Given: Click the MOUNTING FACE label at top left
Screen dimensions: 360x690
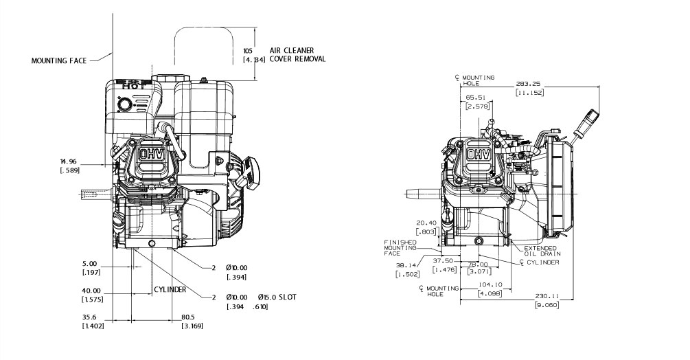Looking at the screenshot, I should [59, 60].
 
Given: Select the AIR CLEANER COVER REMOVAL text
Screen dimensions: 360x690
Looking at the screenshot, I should [297, 55].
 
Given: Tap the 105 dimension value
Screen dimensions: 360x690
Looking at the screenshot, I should [249, 51].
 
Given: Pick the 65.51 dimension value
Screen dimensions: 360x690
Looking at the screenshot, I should [476, 98].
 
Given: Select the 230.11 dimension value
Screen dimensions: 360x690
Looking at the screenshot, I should [547, 296].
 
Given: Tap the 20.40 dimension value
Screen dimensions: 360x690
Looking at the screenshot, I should [426, 223].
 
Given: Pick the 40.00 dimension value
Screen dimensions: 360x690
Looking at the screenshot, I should [91, 291].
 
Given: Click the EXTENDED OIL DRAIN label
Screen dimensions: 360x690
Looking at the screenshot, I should [540, 251].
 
